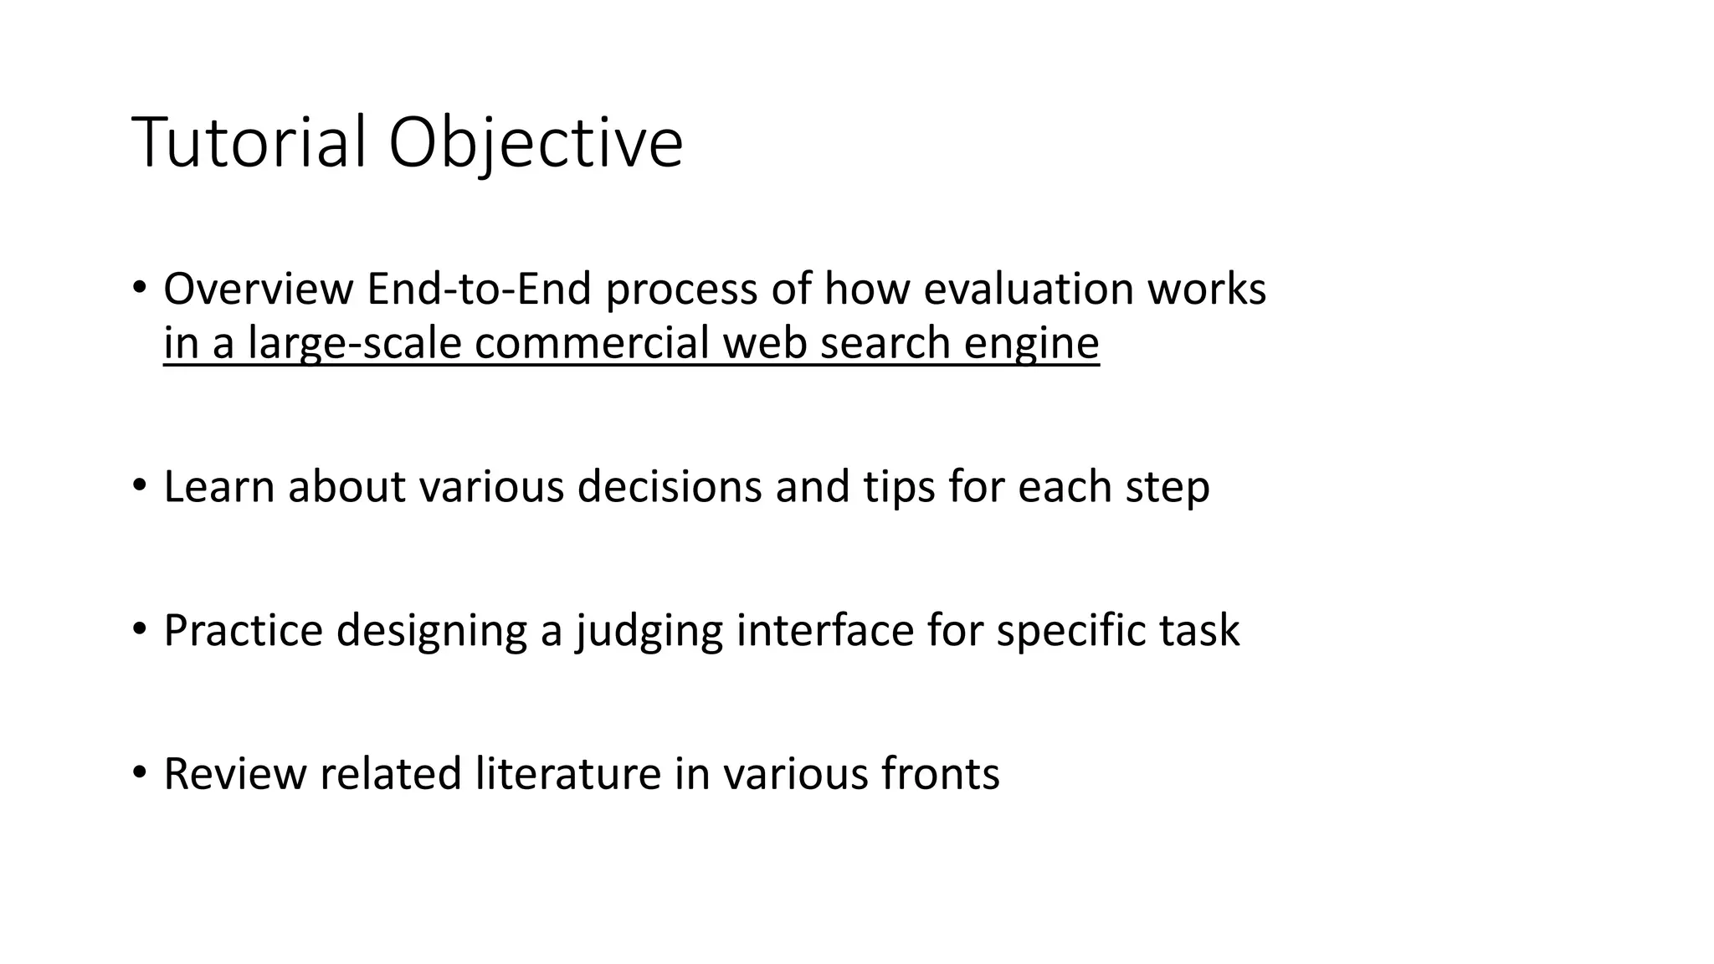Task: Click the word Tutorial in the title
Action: point(249,143)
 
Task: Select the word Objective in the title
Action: point(536,143)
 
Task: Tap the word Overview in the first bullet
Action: point(258,290)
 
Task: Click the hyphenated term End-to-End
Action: point(479,290)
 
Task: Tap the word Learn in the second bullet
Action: point(219,487)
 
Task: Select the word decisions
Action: point(670,487)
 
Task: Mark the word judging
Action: point(649,631)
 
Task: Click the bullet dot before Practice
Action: point(139,628)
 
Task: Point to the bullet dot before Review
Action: point(139,771)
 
